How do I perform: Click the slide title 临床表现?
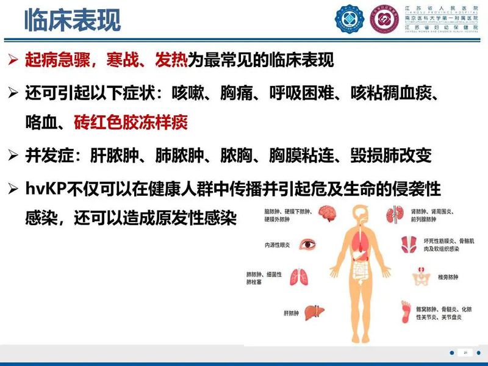click(x=72, y=20)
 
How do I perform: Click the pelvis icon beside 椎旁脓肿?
click(x=421, y=276)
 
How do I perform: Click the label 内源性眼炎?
click(x=278, y=246)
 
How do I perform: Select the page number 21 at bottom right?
click(x=465, y=353)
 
